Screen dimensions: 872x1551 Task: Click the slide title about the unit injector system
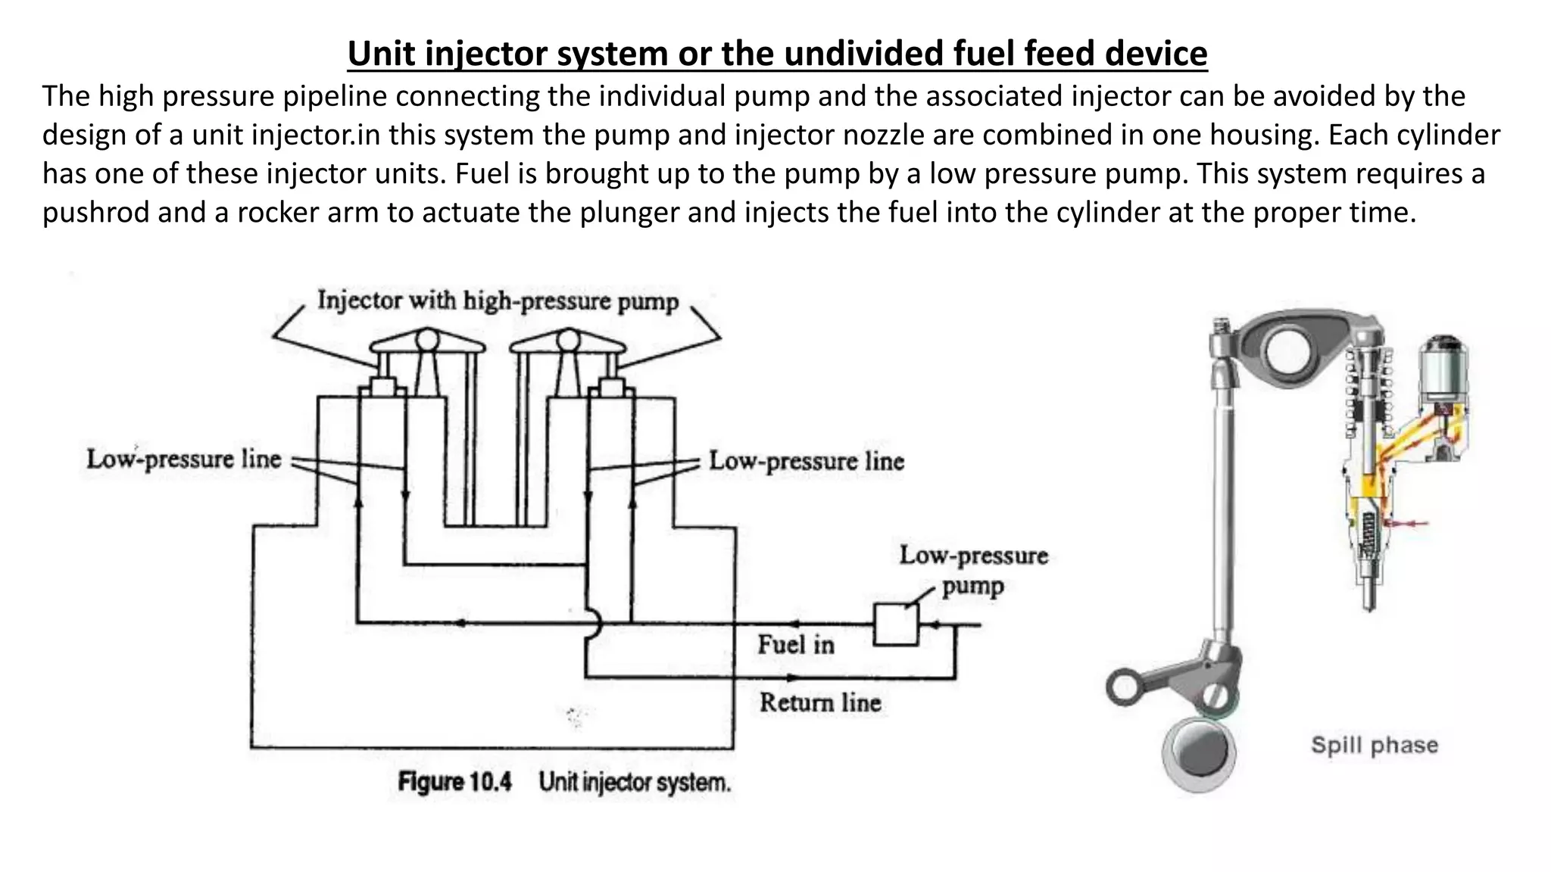tap(777, 54)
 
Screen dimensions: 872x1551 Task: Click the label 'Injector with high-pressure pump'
tap(498, 301)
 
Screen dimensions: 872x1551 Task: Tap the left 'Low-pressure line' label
tap(184, 459)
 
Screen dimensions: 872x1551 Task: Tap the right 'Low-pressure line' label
tap(807, 461)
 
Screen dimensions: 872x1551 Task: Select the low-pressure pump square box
tap(896, 624)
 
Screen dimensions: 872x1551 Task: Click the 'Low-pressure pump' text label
tap(973, 570)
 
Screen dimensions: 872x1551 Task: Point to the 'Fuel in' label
tap(796, 645)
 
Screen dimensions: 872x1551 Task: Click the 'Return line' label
tap(820, 702)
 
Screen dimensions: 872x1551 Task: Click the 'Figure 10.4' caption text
tap(455, 782)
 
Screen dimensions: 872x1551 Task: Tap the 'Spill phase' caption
tap(1374, 745)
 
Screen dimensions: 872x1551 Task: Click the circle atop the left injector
tap(428, 338)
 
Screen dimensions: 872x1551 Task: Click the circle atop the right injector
tap(568, 338)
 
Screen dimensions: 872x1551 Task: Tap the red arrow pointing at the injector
tap(1408, 522)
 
